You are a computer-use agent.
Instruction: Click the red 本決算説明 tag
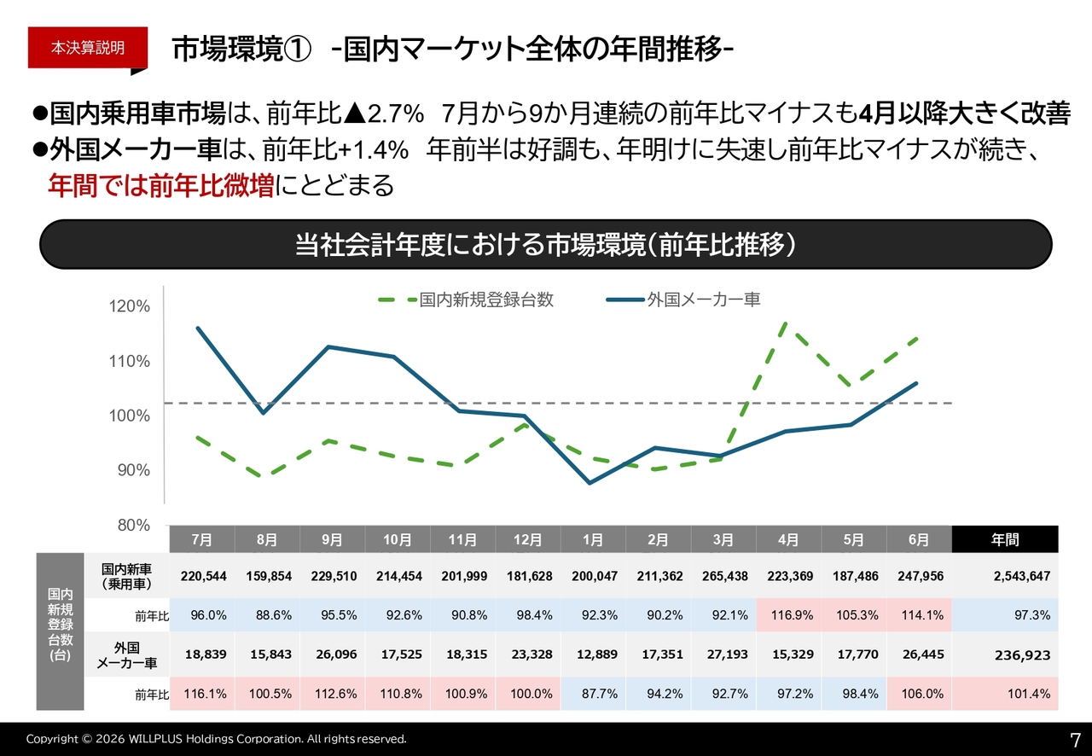click(88, 48)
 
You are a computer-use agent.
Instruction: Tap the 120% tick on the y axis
click(129, 306)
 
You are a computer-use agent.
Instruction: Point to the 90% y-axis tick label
click(134, 470)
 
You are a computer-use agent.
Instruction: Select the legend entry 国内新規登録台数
click(466, 299)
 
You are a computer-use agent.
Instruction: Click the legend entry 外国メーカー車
click(683, 299)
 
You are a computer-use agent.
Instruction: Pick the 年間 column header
click(1005, 539)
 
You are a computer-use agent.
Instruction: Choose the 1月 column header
click(593, 539)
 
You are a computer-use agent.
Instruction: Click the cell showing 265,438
click(724, 576)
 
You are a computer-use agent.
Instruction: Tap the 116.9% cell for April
click(789, 615)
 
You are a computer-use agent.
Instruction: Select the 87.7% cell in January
click(594, 693)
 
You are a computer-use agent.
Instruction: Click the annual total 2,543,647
click(1022, 576)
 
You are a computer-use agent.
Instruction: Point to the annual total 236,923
click(1022, 655)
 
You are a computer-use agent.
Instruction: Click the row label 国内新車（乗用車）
click(127, 576)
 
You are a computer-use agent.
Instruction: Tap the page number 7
click(1075, 740)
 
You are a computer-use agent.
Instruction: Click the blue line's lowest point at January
click(590, 483)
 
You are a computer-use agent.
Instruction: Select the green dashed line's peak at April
click(784, 323)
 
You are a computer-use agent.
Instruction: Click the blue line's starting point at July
click(198, 328)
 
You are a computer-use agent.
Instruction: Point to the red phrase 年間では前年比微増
click(161, 185)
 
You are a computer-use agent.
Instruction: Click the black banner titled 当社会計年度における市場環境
click(545, 244)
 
